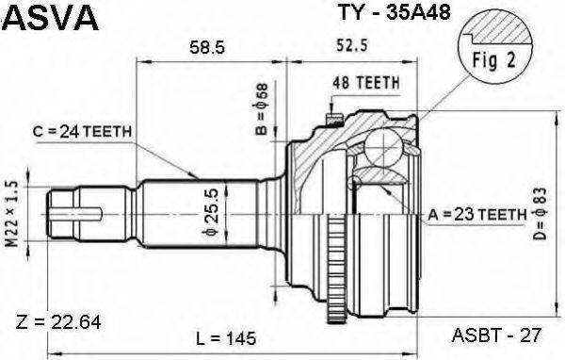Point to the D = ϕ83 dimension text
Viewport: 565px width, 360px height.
click(x=543, y=215)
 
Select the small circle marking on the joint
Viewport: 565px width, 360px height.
click(x=356, y=183)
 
